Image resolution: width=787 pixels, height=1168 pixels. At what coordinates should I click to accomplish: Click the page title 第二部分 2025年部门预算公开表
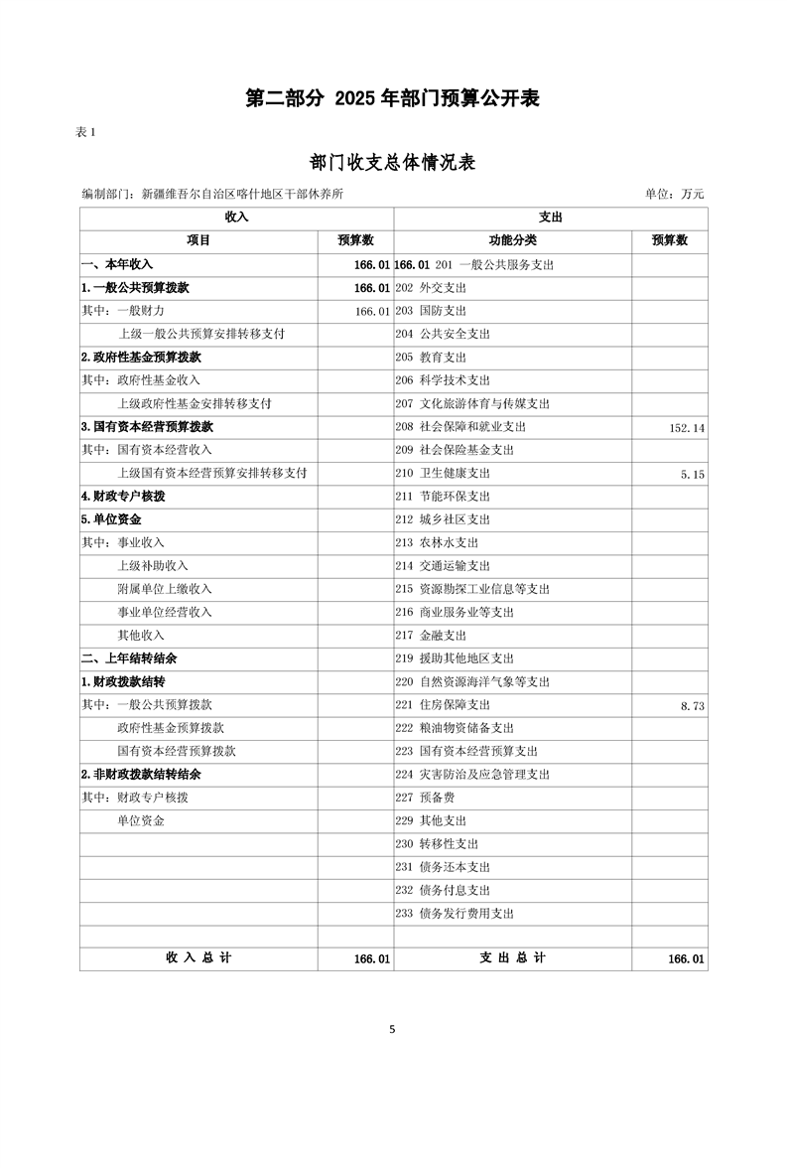[393, 98]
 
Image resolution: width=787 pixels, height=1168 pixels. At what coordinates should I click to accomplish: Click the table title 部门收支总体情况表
[393, 163]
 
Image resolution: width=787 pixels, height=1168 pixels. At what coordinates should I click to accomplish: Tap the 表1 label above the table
[86, 133]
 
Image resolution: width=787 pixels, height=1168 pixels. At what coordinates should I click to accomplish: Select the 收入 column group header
[236, 218]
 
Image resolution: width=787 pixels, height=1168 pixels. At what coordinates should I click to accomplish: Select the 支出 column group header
[551, 218]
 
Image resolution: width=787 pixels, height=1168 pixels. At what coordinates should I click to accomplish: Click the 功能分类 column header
[512, 240]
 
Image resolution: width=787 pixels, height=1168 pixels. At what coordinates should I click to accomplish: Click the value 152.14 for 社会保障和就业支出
[687, 427]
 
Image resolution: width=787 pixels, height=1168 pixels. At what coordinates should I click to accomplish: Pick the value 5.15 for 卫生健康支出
[693, 474]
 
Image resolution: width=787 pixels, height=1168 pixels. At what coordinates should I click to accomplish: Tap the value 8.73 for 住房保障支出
[693, 705]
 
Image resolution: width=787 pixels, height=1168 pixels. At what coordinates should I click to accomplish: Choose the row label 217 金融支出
[431, 636]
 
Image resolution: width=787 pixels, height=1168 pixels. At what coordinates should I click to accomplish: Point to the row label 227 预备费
[425, 798]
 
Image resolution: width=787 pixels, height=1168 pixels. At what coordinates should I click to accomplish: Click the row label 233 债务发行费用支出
[455, 914]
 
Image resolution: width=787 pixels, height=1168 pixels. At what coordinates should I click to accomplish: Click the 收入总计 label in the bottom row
[198, 958]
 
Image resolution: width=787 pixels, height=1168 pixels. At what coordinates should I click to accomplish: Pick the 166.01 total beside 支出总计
[686, 959]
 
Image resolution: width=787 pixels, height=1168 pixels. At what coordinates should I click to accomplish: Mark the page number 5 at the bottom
[393, 1029]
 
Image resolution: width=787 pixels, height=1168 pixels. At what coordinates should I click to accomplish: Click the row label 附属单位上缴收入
[165, 589]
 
